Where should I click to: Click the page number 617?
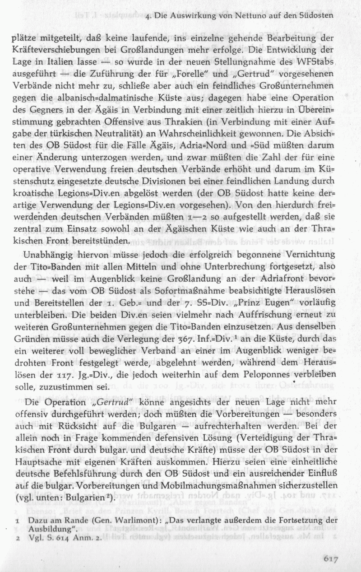pyautogui.click(x=332, y=558)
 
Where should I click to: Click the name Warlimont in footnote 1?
pyautogui.click(x=119, y=521)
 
